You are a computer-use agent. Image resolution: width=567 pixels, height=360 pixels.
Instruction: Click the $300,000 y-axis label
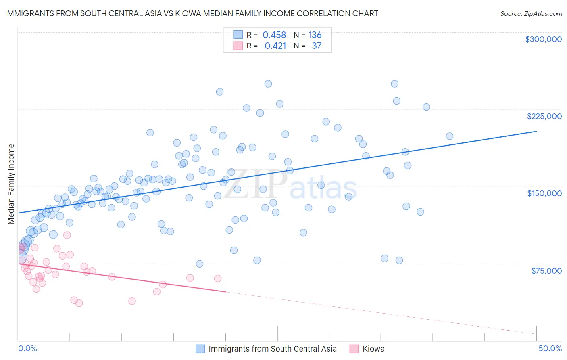click(x=543, y=39)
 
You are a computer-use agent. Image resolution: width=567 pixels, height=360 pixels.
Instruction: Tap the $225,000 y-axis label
click(x=544, y=116)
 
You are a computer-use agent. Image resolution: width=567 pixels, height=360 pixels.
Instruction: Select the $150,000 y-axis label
click(x=544, y=193)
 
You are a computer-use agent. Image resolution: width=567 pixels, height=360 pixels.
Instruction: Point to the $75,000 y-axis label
click(x=546, y=271)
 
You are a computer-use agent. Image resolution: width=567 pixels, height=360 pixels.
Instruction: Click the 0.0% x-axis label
click(x=27, y=348)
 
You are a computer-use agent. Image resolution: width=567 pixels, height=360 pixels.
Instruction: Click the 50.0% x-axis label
click(x=550, y=348)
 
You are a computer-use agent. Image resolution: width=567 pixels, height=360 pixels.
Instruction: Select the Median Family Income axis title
click(x=11, y=184)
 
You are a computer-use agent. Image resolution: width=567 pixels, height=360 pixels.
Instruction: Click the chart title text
click(x=192, y=13)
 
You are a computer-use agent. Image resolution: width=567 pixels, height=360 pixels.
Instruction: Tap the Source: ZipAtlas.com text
click(x=531, y=13)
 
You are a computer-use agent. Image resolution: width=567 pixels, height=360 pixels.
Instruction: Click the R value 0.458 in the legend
click(x=274, y=35)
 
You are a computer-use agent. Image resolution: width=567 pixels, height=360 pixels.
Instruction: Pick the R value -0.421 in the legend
click(x=273, y=46)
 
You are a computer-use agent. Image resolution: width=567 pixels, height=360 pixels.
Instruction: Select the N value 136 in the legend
click(x=315, y=35)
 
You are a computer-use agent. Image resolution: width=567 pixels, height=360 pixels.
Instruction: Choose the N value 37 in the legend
click(x=317, y=46)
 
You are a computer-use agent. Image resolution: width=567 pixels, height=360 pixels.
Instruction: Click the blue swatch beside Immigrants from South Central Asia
click(x=200, y=349)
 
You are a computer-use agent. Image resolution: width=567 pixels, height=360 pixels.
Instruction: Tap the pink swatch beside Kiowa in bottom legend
click(x=354, y=349)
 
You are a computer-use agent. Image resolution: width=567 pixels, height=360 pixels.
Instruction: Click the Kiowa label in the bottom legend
click(x=373, y=349)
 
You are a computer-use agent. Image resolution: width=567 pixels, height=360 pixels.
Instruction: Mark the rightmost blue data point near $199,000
click(x=450, y=136)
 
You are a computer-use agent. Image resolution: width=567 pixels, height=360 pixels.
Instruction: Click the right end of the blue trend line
click(x=536, y=131)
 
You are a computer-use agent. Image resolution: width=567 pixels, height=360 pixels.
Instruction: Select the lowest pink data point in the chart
click(x=79, y=303)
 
